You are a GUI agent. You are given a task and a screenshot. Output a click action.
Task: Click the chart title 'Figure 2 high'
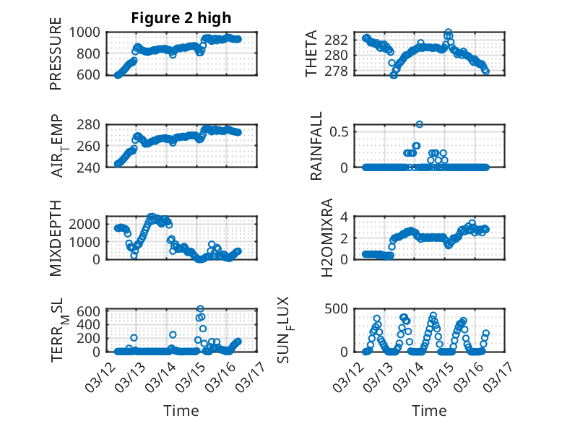[181, 18]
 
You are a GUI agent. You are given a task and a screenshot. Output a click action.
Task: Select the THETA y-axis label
[311, 53]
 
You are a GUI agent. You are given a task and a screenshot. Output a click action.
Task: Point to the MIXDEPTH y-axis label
[56, 238]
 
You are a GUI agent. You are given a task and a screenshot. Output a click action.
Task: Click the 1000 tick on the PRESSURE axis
[88, 32]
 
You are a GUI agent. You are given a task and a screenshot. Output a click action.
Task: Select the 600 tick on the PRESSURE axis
[92, 74]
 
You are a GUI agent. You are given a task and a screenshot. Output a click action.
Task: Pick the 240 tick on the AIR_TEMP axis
[92, 167]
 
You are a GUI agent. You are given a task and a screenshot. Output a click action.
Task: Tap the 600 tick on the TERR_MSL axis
[92, 311]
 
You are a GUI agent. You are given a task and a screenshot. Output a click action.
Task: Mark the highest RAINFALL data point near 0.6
[419, 124]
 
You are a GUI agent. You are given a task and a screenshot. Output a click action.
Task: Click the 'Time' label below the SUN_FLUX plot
[429, 410]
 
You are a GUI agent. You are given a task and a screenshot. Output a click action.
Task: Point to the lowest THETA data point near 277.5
[394, 75]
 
